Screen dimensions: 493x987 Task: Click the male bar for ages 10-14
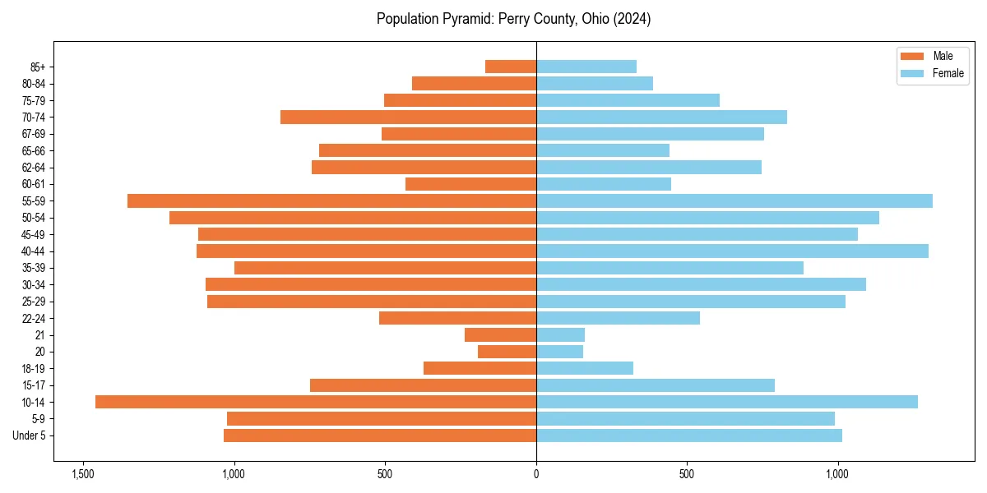point(316,402)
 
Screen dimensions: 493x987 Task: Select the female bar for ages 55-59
point(734,200)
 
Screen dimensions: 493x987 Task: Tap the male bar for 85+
point(511,67)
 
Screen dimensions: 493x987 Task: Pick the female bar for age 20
point(560,352)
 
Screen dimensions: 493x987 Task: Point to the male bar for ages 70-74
point(409,117)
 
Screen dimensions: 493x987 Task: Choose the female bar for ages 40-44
point(732,251)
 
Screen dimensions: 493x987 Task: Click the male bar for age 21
point(501,334)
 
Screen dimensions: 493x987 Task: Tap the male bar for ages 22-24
point(458,318)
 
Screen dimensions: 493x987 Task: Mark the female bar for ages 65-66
point(603,150)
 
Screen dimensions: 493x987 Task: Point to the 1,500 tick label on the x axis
point(82,474)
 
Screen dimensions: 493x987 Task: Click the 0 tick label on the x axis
point(536,474)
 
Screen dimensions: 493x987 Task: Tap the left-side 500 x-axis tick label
point(385,474)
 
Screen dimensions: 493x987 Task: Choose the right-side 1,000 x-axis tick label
point(838,474)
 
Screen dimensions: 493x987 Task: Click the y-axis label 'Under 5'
point(30,435)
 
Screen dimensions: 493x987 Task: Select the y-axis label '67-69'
point(34,134)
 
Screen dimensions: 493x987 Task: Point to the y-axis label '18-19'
point(34,368)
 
